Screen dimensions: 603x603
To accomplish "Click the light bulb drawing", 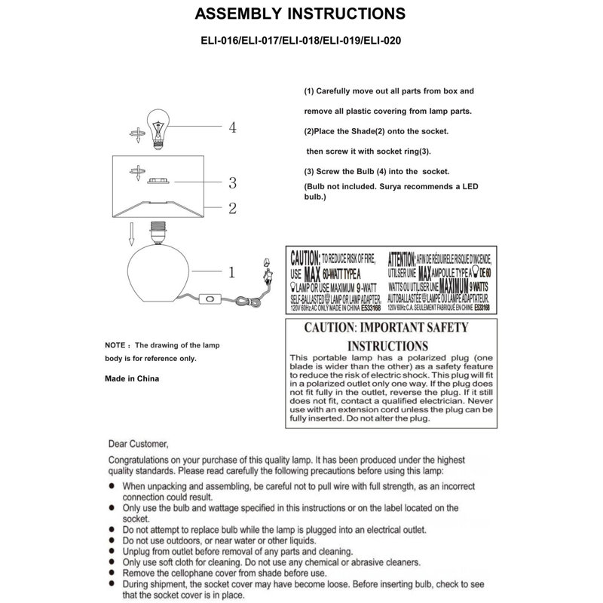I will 159,127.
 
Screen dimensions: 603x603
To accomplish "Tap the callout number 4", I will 233,127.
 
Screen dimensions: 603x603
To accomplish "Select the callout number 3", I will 233,182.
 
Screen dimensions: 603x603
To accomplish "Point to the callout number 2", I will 233,207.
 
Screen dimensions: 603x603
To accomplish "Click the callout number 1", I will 233,269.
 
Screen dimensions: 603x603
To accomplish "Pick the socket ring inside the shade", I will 158,182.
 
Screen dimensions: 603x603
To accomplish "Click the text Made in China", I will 132,380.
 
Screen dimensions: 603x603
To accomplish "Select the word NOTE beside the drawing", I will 118,344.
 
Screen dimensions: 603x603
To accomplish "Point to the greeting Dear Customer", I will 139,443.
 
